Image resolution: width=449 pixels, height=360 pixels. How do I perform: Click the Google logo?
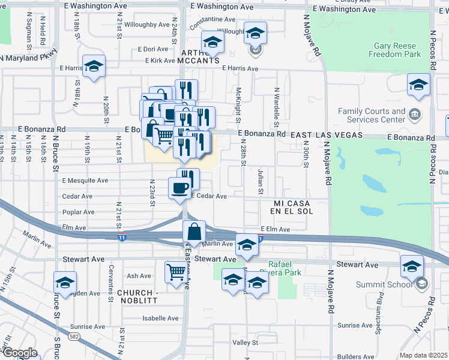click(x=20, y=353)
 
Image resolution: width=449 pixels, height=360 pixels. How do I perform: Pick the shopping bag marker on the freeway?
click(x=194, y=232)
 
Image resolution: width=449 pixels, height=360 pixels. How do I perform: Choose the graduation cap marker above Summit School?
click(x=412, y=266)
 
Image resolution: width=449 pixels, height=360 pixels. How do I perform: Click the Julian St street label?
click(x=261, y=182)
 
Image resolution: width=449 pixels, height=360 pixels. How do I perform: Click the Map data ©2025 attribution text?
click(x=423, y=355)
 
